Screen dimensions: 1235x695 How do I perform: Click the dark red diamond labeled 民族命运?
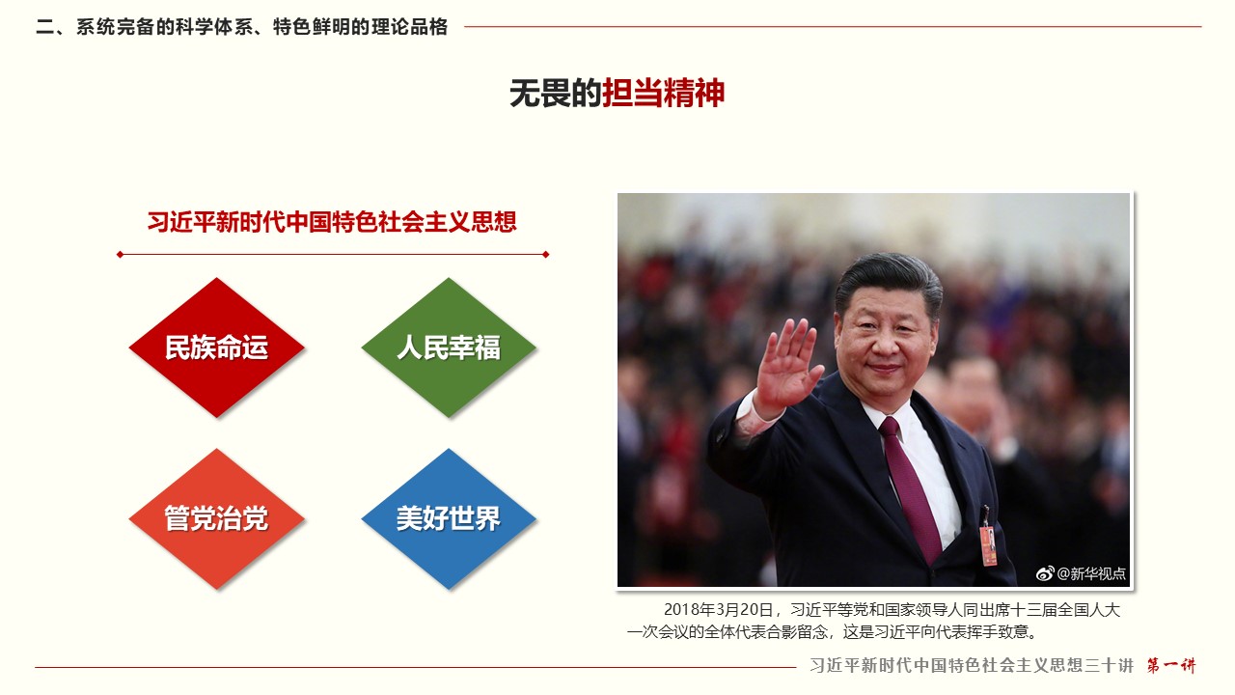(x=217, y=347)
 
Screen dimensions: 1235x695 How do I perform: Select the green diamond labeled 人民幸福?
(x=449, y=347)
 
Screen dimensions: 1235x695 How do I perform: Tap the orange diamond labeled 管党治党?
(x=217, y=518)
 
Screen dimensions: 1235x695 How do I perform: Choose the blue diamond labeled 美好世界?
(x=449, y=518)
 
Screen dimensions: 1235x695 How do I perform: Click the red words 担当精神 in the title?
(x=663, y=93)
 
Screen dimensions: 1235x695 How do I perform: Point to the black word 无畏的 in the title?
(x=555, y=93)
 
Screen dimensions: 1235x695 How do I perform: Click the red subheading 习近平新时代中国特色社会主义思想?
(x=332, y=222)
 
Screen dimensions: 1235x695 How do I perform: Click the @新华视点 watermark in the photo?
(x=1091, y=573)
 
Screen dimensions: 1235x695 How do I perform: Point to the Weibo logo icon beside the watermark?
(x=1045, y=573)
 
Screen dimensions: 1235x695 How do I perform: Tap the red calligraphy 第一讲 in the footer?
(x=1171, y=665)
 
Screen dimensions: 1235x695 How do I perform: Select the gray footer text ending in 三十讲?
(x=972, y=665)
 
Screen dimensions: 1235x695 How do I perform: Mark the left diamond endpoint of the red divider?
(x=120, y=254)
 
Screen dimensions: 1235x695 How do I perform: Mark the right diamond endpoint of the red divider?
(x=546, y=254)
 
